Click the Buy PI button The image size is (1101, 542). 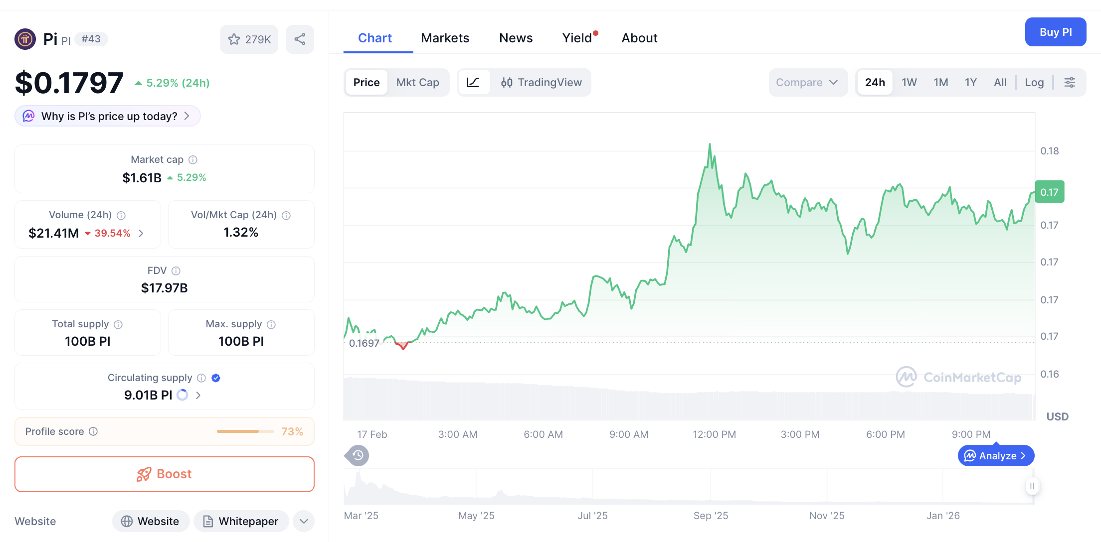click(x=1055, y=32)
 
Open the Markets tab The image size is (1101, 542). click(x=445, y=38)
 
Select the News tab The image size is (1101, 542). click(x=516, y=38)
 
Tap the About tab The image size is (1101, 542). click(x=639, y=38)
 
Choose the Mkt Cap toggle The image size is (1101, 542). click(x=417, y=82)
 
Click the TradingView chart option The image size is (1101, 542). click(x=542, y=82)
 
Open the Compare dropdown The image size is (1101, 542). click(x=807, y=82)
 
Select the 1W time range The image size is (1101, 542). click(x=909, y=82)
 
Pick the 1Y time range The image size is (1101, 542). click(x=970, y=82)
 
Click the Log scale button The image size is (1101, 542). click(x=1034, y=82)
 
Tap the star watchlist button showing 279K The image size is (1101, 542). click(x=249, y=39)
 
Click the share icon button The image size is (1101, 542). click(x=300, y=39)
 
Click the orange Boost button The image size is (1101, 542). click(x=165, y=474)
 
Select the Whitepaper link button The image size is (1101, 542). click(x=241, y=521)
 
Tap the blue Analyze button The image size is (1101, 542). click(x=996, y=456)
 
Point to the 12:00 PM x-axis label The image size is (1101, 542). click(x=714, y=434)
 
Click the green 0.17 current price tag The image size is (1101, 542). click(x=1049, y=192)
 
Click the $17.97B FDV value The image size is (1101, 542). click(x=165, y=288)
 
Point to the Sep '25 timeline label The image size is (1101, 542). click(x=711, y=516)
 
